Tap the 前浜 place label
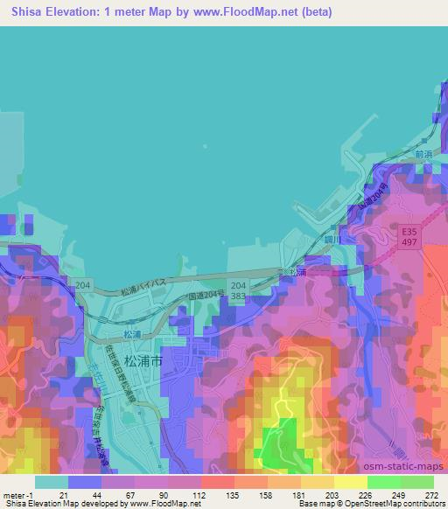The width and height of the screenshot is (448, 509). (x=424, y=153)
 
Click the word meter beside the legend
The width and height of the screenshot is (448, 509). (x=13, y=494)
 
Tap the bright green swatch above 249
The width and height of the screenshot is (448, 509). (x=384, y=482)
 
